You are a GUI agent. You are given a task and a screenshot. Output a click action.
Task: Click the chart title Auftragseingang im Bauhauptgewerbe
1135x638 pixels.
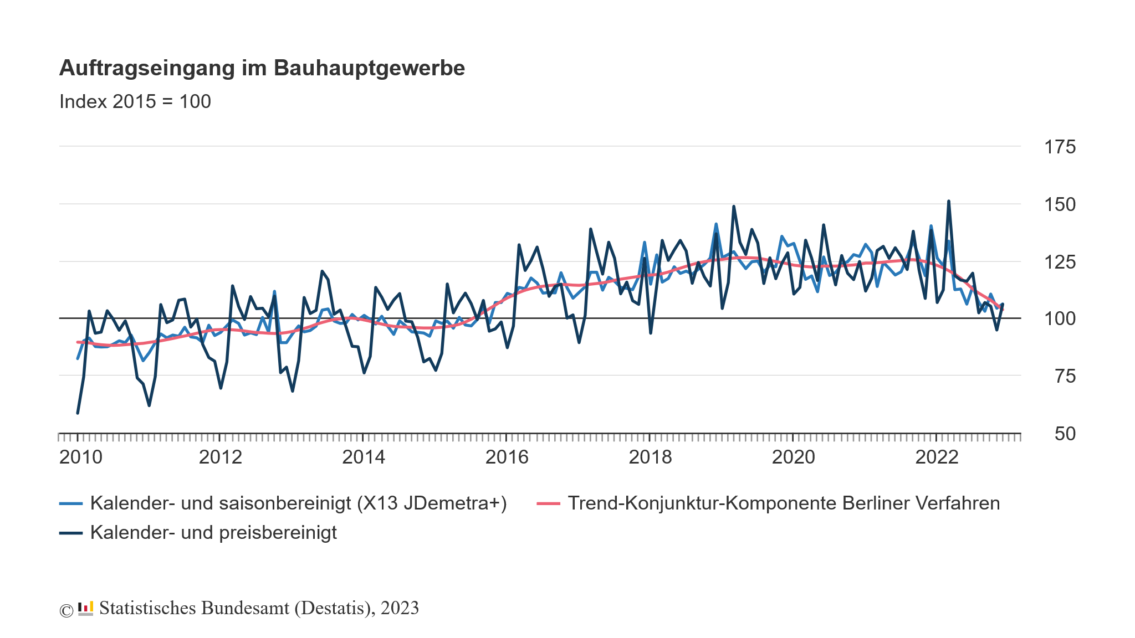262,68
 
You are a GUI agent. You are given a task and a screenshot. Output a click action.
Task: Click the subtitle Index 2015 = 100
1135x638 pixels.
135,101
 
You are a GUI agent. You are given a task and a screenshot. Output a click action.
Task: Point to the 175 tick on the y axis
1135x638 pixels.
1060,147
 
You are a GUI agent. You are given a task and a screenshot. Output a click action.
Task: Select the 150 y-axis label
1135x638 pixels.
1060,204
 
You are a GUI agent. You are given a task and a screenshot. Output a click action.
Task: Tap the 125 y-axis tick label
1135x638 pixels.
1060,261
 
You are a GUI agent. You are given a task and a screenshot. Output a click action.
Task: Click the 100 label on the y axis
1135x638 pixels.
1060,319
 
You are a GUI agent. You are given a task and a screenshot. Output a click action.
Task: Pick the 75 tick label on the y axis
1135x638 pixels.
1065,377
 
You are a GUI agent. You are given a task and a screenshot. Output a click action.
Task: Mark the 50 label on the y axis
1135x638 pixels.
1065,434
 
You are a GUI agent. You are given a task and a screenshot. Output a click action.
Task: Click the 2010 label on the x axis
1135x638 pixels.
81,457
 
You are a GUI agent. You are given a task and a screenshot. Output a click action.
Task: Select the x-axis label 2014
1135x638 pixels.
364,457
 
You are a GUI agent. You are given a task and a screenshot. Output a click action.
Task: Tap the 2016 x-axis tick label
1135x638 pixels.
507,457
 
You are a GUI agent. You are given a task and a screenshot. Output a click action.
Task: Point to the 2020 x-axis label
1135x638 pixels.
793,457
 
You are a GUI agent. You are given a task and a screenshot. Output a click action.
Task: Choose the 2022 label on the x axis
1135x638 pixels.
937,457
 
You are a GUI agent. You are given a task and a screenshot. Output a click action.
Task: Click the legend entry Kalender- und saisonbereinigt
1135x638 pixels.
298,503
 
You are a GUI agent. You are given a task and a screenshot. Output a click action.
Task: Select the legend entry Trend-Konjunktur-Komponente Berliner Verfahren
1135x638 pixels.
784,503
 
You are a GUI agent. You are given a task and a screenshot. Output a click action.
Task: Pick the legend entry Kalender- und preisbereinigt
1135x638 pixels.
213,533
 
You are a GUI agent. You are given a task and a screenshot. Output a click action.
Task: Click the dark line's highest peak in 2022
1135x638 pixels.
948,202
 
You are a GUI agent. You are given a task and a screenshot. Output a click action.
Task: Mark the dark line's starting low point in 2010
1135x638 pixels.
78,413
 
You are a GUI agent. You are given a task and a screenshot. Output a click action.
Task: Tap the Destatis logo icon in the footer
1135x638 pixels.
85,609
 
